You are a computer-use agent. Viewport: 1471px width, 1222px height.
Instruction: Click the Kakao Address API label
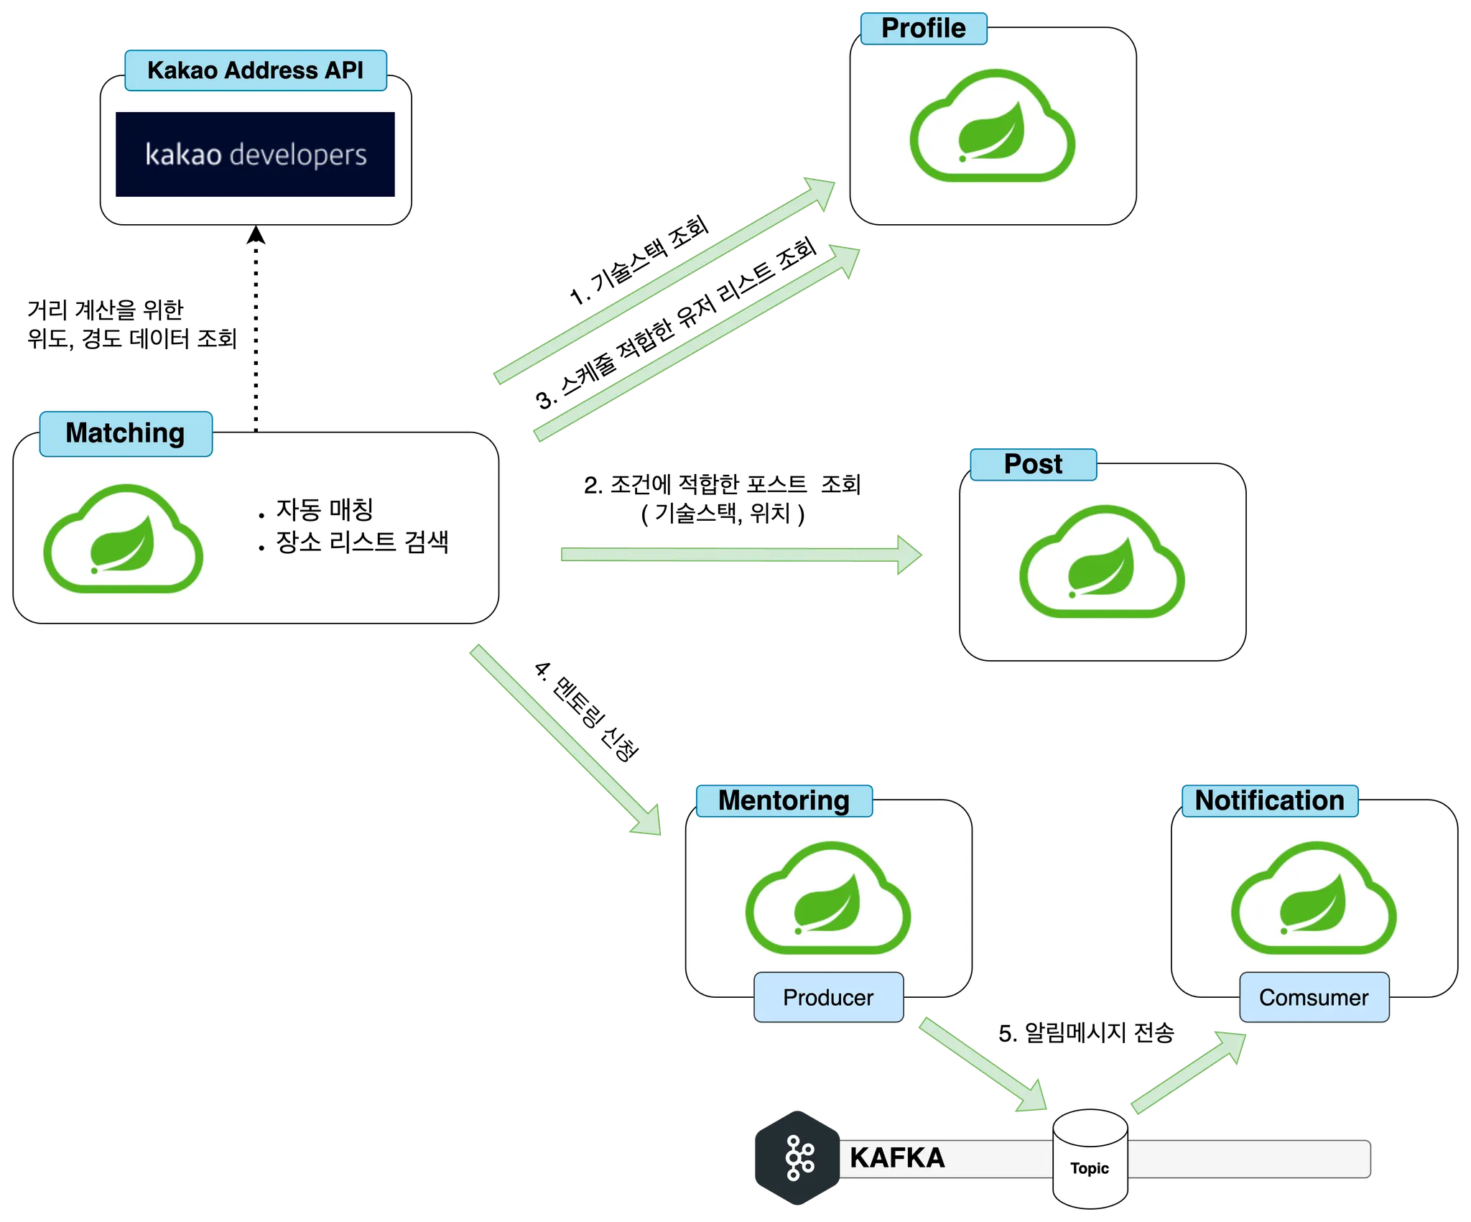pyautogui.click(x=256, y=70)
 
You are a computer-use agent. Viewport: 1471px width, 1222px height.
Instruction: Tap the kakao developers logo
pyautogui.click(x=255, y=154)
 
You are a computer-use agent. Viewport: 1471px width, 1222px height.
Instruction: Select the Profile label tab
pyautogui.click(x=923, y=29)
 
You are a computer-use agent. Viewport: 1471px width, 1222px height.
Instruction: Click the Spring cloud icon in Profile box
pyautogui.click(x=992, y=126)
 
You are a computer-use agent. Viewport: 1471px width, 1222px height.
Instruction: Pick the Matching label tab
pyautogui.click(x=126, y=433)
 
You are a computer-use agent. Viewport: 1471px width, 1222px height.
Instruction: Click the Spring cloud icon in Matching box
pyautogui.click(x=123, y=540)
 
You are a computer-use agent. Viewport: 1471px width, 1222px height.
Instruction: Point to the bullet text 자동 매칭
pyautogui.click(x=325, y=509)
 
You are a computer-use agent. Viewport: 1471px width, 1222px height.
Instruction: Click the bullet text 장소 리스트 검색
pyautogui.click(x=362, y=542)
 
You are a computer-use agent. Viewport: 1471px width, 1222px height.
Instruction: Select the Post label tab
pyautogui.click(x=1033, y=464)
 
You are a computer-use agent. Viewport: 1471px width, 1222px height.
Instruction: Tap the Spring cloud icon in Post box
pyautogui.click(x=1102, y=563)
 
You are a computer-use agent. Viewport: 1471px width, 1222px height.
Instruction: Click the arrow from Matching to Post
pyautogui.click(x=740, y=555)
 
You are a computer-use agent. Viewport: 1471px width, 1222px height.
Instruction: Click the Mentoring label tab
pyautogui.click(x=784, y=800)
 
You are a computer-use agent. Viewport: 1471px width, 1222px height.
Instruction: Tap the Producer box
pyautogui.click(x=828, y=997)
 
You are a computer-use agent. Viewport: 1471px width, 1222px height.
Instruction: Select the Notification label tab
pyautogui.click(x=1269, y=800)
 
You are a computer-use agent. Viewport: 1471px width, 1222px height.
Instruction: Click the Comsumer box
pyautogui.click(x=1314, y=997)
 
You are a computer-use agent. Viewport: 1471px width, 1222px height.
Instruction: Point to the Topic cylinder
pyautogui.click(x=1090, y=1158)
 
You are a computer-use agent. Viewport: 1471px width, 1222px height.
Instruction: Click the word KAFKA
pyautogui.click(x=897, y=1158)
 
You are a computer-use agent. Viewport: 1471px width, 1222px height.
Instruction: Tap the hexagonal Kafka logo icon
pyautogui.click(x=797, y=1158)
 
